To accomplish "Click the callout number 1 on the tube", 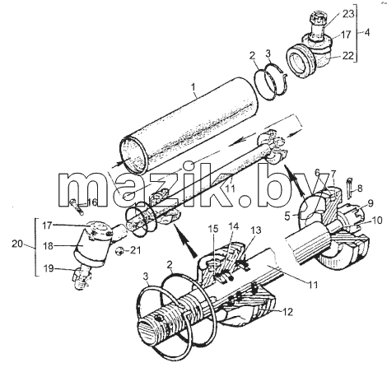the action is pyautogui.click(x=193, y=88).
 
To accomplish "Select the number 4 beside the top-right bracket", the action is pyautogui.click(x=367, y=33).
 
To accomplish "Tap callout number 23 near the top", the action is pyautogui.click(x=348, y=14).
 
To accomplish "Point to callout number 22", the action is pyautogui.click(x=347, y=55).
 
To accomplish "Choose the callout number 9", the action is pyautogui.click(x=371, y=203).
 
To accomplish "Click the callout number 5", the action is pyautogui.click(x=287, y=216).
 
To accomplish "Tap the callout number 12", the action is pyautogui.click(x=287, y=312).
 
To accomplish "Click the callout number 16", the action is pyautogui.click(x=91, y=202).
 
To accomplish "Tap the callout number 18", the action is pyautogui.click(x=48, y=246).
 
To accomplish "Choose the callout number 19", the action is pyautogui.click(x=49, y=268).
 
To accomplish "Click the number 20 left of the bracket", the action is pyautogui.click(x=17, y=244).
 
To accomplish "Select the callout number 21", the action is pyautogui.click(x=134, y=250).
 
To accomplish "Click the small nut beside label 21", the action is pyautogui.click(x=120, y=251).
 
